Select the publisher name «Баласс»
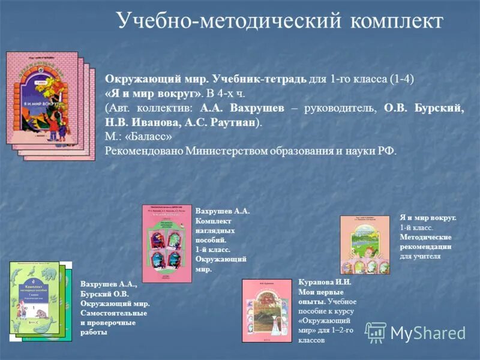[156, 136]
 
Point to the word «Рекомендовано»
[143, 150]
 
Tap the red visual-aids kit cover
[167, 243]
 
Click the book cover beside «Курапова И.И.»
[267, 310]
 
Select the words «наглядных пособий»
[215, 235]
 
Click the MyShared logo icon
[376, 332]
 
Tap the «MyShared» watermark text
[428, 333]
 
